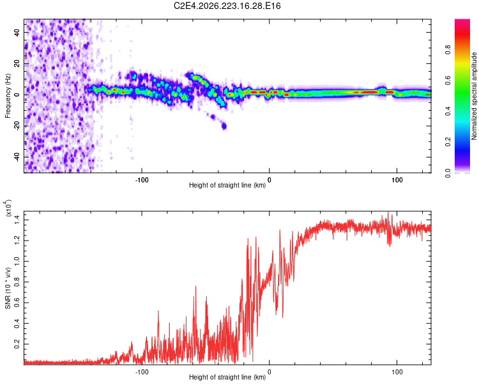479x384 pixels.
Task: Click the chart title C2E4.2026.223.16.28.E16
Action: (227, 6)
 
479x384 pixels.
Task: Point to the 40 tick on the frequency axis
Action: (17, 33)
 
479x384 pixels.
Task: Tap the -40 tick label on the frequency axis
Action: (17, 157)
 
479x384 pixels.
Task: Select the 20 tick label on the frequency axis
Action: (17, 64)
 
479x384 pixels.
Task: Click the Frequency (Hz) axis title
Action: (8, 96)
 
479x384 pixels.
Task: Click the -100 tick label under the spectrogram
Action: (142, 180)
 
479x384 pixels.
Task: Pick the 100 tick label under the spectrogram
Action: (397, 180)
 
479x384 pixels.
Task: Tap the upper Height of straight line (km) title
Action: (227, 185)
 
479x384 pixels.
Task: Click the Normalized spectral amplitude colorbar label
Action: (474, 96)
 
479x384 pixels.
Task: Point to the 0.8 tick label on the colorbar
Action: (448, 49)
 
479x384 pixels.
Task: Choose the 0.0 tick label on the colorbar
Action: (448, 173)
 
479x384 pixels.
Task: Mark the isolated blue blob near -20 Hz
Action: (224, 126)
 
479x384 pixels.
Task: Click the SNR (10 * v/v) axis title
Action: (8, 288)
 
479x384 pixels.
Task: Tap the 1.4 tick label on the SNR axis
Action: (17, 220)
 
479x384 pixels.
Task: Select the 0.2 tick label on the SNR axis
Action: (17, 344)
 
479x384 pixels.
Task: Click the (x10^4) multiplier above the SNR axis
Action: (8, 208)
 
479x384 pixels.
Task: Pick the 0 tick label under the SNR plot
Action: (269, 372)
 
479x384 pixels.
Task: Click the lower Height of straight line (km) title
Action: (227, 377)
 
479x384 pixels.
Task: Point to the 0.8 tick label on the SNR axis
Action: (17, 282)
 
